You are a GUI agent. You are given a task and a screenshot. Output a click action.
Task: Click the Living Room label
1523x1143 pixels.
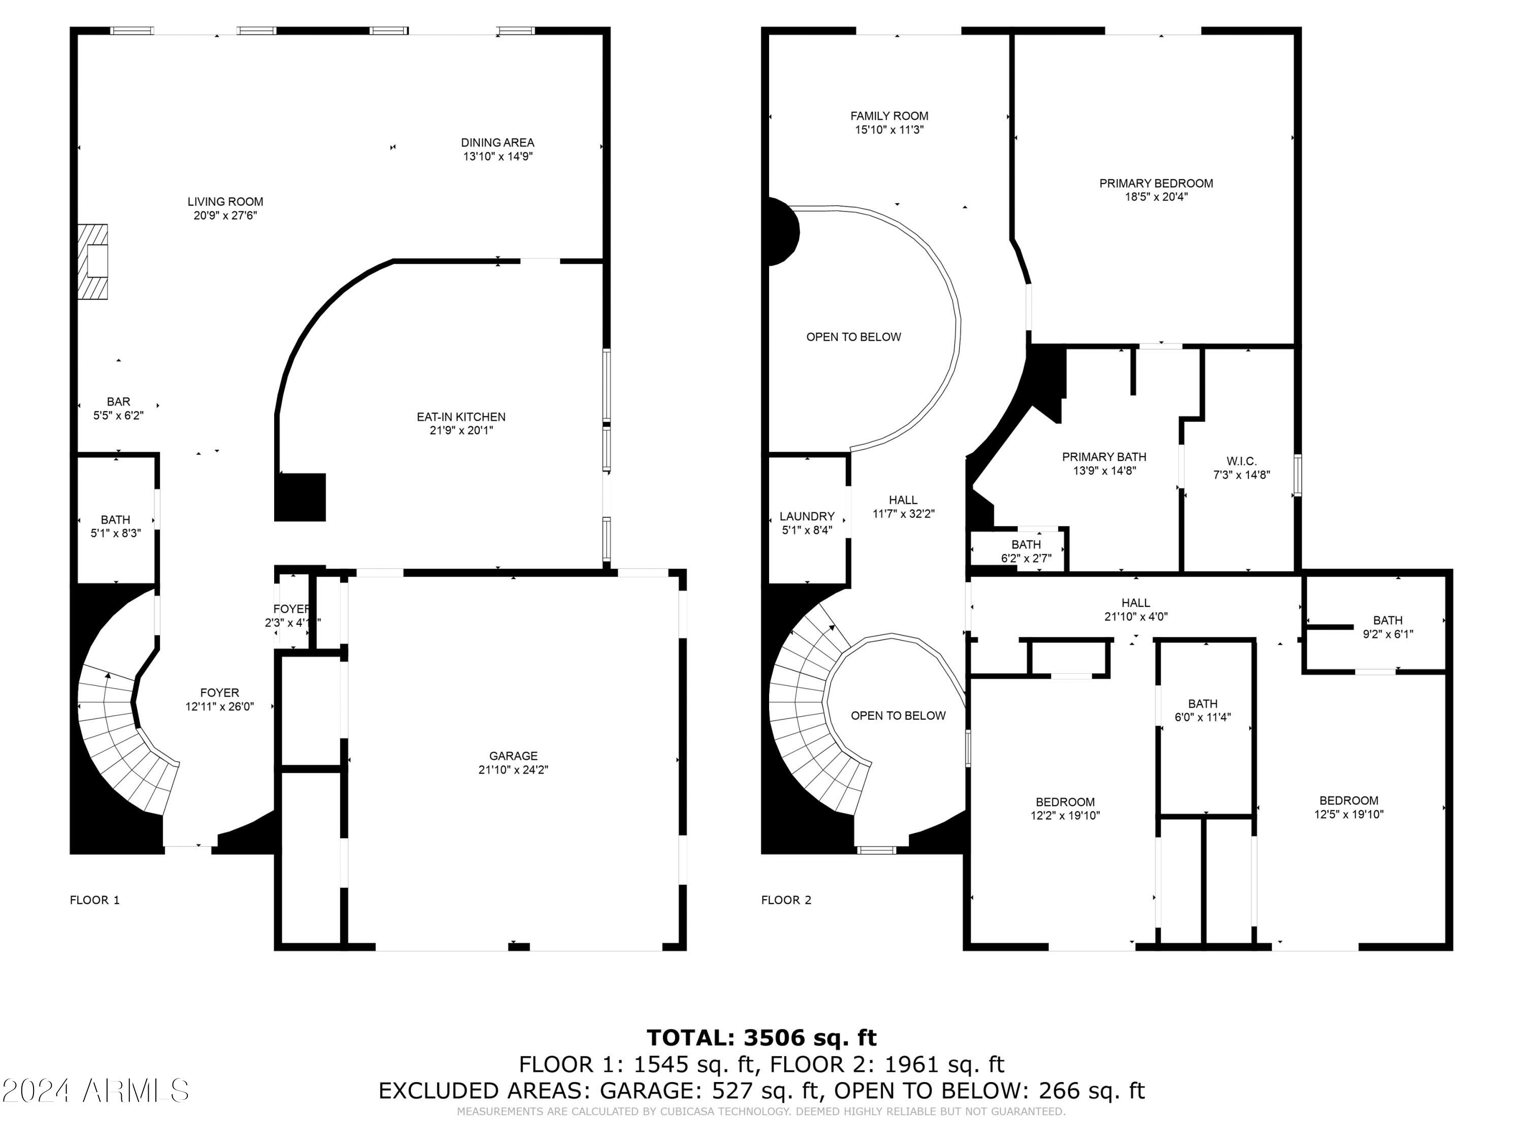click(x=225, y=202)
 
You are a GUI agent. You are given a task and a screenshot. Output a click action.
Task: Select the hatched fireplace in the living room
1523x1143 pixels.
click(x=92, y=262)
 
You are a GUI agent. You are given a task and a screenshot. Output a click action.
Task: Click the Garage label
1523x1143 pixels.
click(x=513, y=756)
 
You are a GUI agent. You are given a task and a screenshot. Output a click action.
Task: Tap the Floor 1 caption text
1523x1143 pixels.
click(x=94, y=900)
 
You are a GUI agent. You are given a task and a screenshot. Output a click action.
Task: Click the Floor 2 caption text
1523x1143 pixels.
click(x=785, y=900)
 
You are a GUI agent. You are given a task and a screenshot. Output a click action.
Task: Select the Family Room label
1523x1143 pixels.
click(x=889, y=116)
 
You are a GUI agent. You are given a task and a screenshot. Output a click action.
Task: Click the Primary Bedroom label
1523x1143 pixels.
click(x=1155, y=183)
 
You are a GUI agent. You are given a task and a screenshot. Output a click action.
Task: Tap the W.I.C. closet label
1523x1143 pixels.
click(x=1241, y=461)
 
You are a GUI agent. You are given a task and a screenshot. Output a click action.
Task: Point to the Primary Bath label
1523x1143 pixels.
click(x=1104, y=457)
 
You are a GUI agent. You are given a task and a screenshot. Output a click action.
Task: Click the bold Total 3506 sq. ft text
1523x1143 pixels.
click(x=761, y=1037)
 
